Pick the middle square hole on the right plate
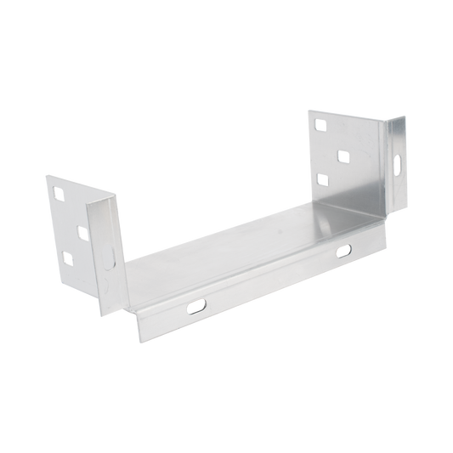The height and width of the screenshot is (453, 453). click(343, 156)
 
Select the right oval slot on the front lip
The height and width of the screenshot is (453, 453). click(343, 250)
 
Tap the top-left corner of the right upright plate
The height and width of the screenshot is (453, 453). click(308, 108)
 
